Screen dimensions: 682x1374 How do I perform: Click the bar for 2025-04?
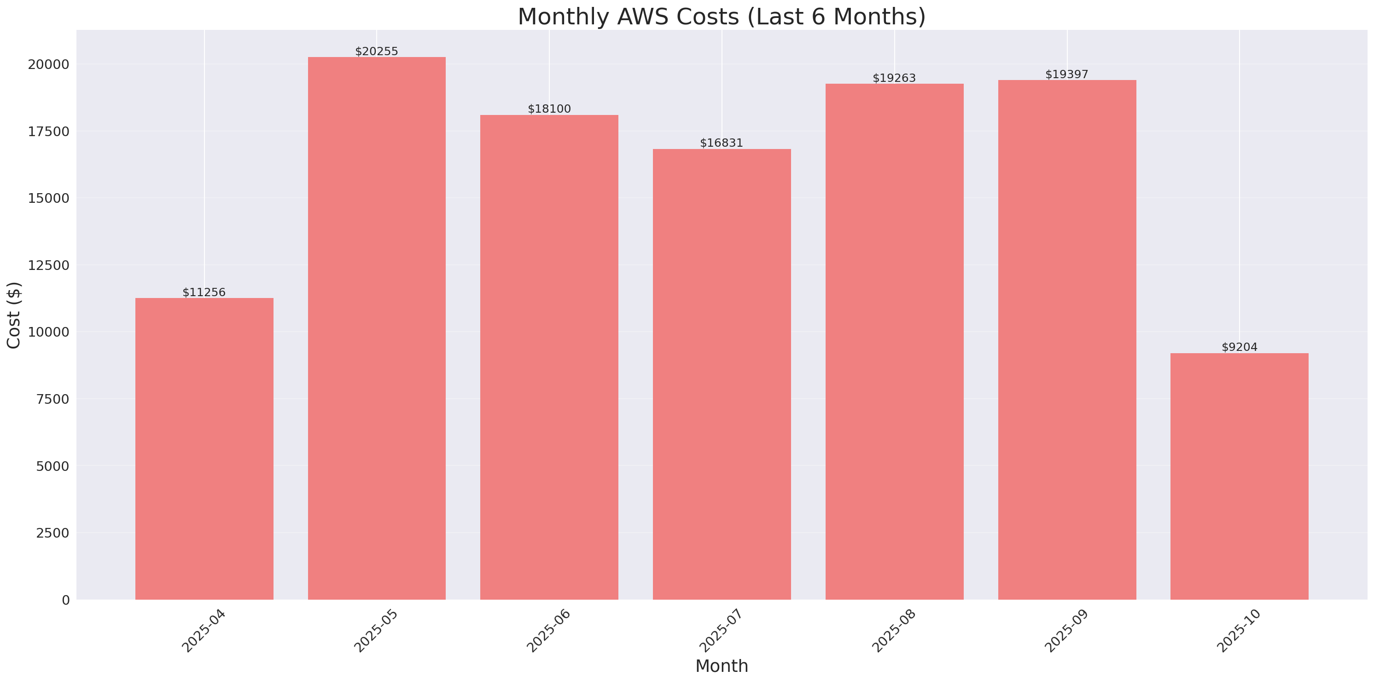[x=204, y=449]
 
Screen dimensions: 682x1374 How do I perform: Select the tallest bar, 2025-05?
[x=377, y=328]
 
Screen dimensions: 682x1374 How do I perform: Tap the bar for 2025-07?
[x=722, y=374]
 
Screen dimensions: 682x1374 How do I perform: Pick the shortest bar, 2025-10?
[x=1239, y=476]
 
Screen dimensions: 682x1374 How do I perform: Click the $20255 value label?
[x=377, y=51]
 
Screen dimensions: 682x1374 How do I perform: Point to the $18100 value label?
[x=549, y=109]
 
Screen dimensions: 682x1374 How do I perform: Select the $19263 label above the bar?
[x=894, y=78]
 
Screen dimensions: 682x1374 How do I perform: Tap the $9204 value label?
[x=1239, y=347]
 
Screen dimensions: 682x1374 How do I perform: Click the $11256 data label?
[x=204, y=292]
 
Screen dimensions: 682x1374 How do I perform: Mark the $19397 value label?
[x=1067, y=74]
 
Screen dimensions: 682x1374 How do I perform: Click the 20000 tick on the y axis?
[x=48, y=64]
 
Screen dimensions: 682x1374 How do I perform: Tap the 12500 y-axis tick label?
[x=48, y=265]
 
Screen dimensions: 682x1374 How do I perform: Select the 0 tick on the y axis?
[x=65, y=601]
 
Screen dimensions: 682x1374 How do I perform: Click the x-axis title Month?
[x=722, y=666]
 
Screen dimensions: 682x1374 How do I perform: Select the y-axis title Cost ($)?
[x=14, y=315]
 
